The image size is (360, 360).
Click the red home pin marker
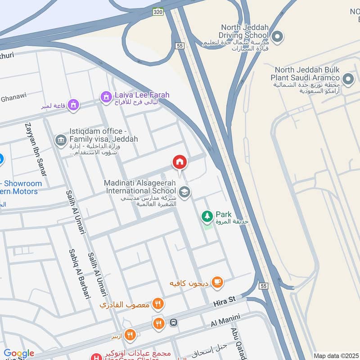click(x=180, y=162)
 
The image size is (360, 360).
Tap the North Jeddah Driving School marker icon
click(x=278, y=36)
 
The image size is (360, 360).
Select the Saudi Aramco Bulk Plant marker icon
click(x=348, y=80)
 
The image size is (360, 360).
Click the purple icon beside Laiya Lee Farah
click(x=106, y=96)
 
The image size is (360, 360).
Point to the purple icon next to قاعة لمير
click(x=73, y=105)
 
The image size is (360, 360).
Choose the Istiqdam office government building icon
click(x=60, y=140)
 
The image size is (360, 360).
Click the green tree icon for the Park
click(x=207, y=216)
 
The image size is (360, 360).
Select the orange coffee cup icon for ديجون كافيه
click(x=217, y=282)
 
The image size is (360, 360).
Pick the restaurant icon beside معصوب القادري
click(x=157, y=304)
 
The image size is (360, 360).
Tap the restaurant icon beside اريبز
click(x=130, y=334)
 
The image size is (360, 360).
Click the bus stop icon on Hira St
click(x=174, y=322)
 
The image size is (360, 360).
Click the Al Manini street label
click(x=226, y=321)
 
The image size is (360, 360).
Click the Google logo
click(x=19, y=353)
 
